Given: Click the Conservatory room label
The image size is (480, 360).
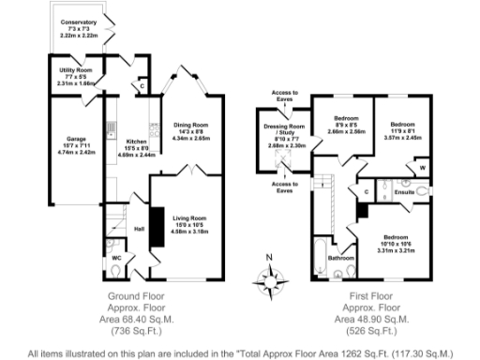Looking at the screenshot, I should (x=79, y=21).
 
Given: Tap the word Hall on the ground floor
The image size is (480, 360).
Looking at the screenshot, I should (x=139, y=228).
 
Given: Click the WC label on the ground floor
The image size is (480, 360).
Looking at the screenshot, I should (x=115, y=256).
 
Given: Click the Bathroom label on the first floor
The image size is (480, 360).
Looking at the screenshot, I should (x=340, y=258).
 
